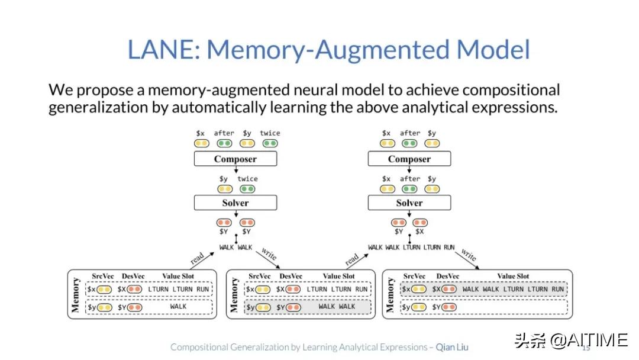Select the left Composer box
point(235,159)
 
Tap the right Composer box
point(409,159)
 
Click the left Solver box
point(235,202)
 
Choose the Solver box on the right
point(409,202)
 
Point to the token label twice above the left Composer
point(270,133)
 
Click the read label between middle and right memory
point(352,260)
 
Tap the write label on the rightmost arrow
point(469,256)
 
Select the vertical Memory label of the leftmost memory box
point(76,295)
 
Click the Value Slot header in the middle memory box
point(339,276)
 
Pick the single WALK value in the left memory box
point(178,307)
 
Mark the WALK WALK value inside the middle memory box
point(337,307)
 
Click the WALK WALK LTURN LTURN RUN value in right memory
point(513,290)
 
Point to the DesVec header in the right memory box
point(448,276)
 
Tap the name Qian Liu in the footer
point(452,347)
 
